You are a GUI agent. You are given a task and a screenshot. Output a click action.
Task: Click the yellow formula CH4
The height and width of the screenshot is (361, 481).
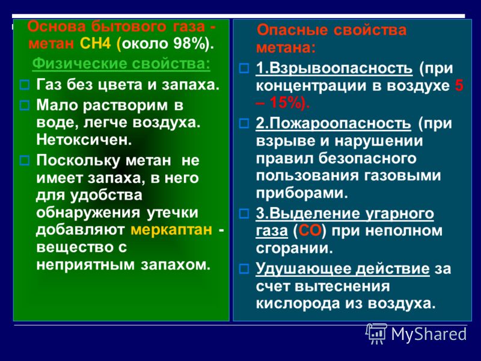coord(95,43)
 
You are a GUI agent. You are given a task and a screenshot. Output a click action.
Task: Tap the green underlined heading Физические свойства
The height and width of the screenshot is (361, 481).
coord(121,64)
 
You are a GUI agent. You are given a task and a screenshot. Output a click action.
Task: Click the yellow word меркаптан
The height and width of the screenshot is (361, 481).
coord(171,230)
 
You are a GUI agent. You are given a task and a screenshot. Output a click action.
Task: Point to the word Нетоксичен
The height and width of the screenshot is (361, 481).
coord(84,140)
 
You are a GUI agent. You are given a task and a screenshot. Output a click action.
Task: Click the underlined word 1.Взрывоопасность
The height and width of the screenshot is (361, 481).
coord(334,68)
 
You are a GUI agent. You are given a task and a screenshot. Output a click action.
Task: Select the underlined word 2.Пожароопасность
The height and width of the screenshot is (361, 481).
coord(333,123)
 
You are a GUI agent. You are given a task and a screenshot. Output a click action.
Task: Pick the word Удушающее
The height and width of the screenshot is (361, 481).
coord(304,268)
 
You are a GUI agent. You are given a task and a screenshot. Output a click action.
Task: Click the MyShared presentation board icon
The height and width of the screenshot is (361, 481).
coord(376,334)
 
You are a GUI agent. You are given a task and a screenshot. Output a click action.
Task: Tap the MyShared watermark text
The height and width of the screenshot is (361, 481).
coord(429,334)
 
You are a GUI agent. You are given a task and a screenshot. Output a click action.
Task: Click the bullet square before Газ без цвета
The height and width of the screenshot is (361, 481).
coord(25,85)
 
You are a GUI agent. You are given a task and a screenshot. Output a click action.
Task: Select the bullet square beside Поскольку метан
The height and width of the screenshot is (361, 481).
coord(25,160)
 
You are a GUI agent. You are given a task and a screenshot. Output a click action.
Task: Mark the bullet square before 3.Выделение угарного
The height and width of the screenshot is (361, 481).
coord(244,214)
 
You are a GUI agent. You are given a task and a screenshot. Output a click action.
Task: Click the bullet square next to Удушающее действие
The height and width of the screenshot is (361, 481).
coord(244,269)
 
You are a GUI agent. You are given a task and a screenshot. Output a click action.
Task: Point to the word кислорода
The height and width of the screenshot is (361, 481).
coord(298,304)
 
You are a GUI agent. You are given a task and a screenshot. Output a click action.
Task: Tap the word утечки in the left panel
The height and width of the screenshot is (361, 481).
coord(173,212)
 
